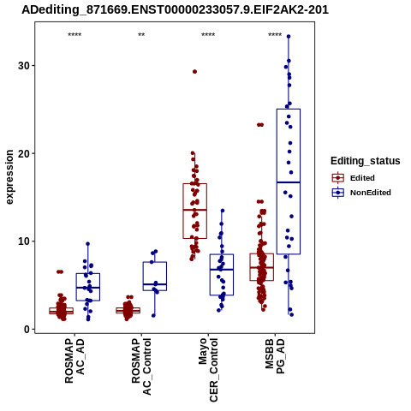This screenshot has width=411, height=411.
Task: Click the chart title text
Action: tap(175, 9)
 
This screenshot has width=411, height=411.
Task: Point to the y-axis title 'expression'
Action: tap(9, 177)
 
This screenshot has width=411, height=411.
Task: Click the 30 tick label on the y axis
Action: tap(24, 66)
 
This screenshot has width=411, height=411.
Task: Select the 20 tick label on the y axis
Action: tap(24, 153)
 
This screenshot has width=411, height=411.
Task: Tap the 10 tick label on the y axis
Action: tap(24, 241)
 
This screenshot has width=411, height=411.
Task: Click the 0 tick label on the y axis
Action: tap(27, 330)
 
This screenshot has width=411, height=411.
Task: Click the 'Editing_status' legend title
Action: tap(366, 161)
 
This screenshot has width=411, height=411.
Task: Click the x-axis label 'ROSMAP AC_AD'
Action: tap(74, 360)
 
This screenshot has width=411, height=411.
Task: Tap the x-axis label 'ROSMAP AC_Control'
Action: tap(141, 366)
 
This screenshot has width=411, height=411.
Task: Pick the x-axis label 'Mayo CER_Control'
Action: tap(208, 370)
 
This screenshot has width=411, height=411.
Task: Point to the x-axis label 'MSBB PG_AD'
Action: tap(275, 356)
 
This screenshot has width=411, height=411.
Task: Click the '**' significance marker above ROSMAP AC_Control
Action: tap(141, 35)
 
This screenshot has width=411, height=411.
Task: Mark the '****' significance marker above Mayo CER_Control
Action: tap(208, 35)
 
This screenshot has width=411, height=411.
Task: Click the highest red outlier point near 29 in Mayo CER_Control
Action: tap(194, 72)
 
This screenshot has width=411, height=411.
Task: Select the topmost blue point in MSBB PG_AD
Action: tap(289, 37)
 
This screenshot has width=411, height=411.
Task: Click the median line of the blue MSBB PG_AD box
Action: tap(289, 182)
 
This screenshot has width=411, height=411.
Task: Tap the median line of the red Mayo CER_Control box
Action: tap(195, 210)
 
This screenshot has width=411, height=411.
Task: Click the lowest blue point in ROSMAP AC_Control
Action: tap(153, 315)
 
